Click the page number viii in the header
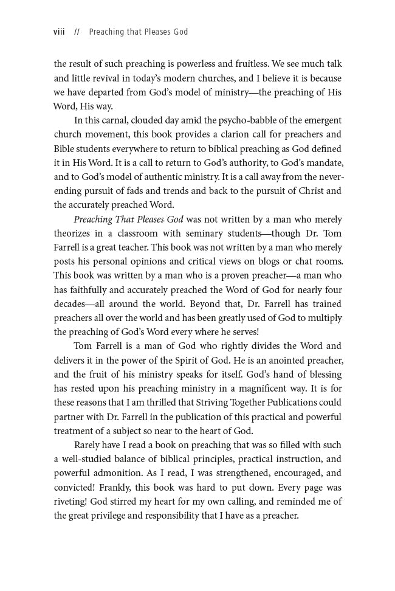point(60,32)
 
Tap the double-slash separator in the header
point(77,32)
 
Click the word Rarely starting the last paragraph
point(88,445)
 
